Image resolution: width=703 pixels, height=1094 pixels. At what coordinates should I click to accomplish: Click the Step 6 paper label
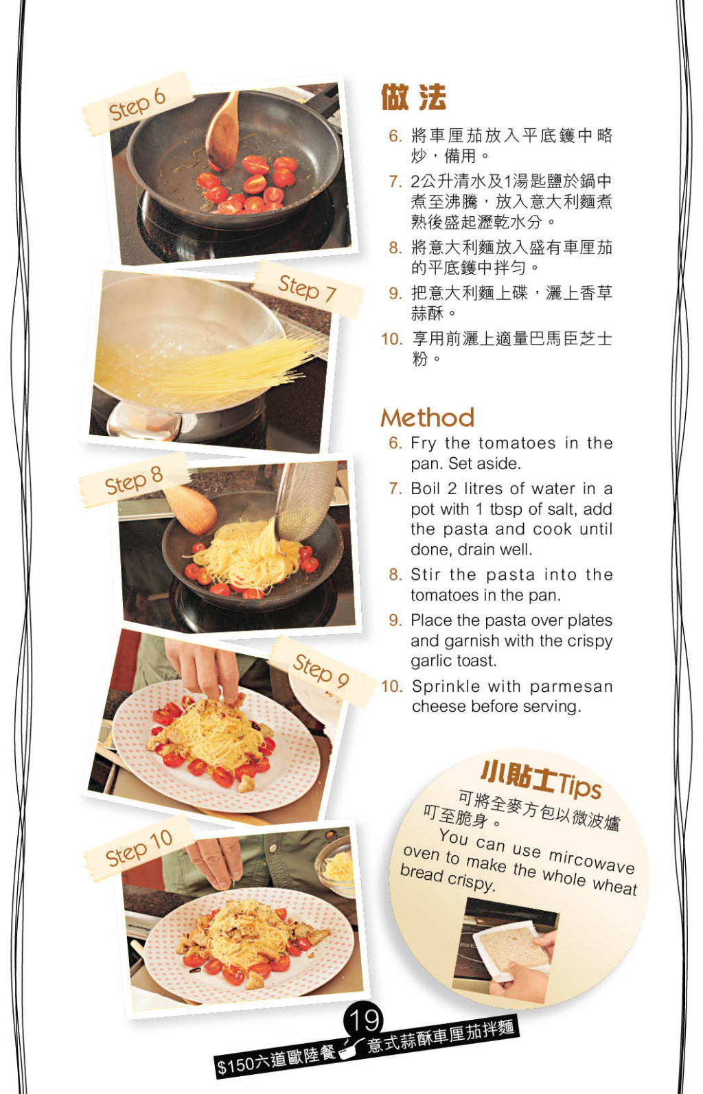[137, 104]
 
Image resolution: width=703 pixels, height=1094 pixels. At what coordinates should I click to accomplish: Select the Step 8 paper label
[134, 480]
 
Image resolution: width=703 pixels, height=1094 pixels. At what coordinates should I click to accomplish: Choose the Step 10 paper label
[139, 848]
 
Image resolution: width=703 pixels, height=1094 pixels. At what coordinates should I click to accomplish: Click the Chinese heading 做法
[413, 97]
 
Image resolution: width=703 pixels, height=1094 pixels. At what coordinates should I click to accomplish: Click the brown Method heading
[427, 417]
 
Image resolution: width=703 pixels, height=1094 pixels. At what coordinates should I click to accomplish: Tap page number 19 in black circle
[363, 1021]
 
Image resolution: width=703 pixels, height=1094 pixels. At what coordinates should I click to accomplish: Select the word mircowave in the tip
[591, 860]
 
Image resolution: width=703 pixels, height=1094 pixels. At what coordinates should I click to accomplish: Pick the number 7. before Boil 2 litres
[395, 489]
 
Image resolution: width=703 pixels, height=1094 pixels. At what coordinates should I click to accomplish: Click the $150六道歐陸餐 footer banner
[276, 1058]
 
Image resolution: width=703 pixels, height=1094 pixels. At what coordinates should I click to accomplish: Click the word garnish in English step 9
[452, 641]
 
